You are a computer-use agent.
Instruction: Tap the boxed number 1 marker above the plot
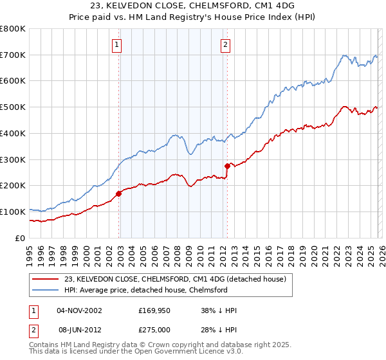117,44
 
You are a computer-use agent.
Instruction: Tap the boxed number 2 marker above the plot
226,44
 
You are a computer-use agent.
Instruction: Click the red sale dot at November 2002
118,193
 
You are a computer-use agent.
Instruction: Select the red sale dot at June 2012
227,166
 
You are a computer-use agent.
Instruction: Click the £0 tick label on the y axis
19,238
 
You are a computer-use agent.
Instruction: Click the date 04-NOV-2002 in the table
79,310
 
